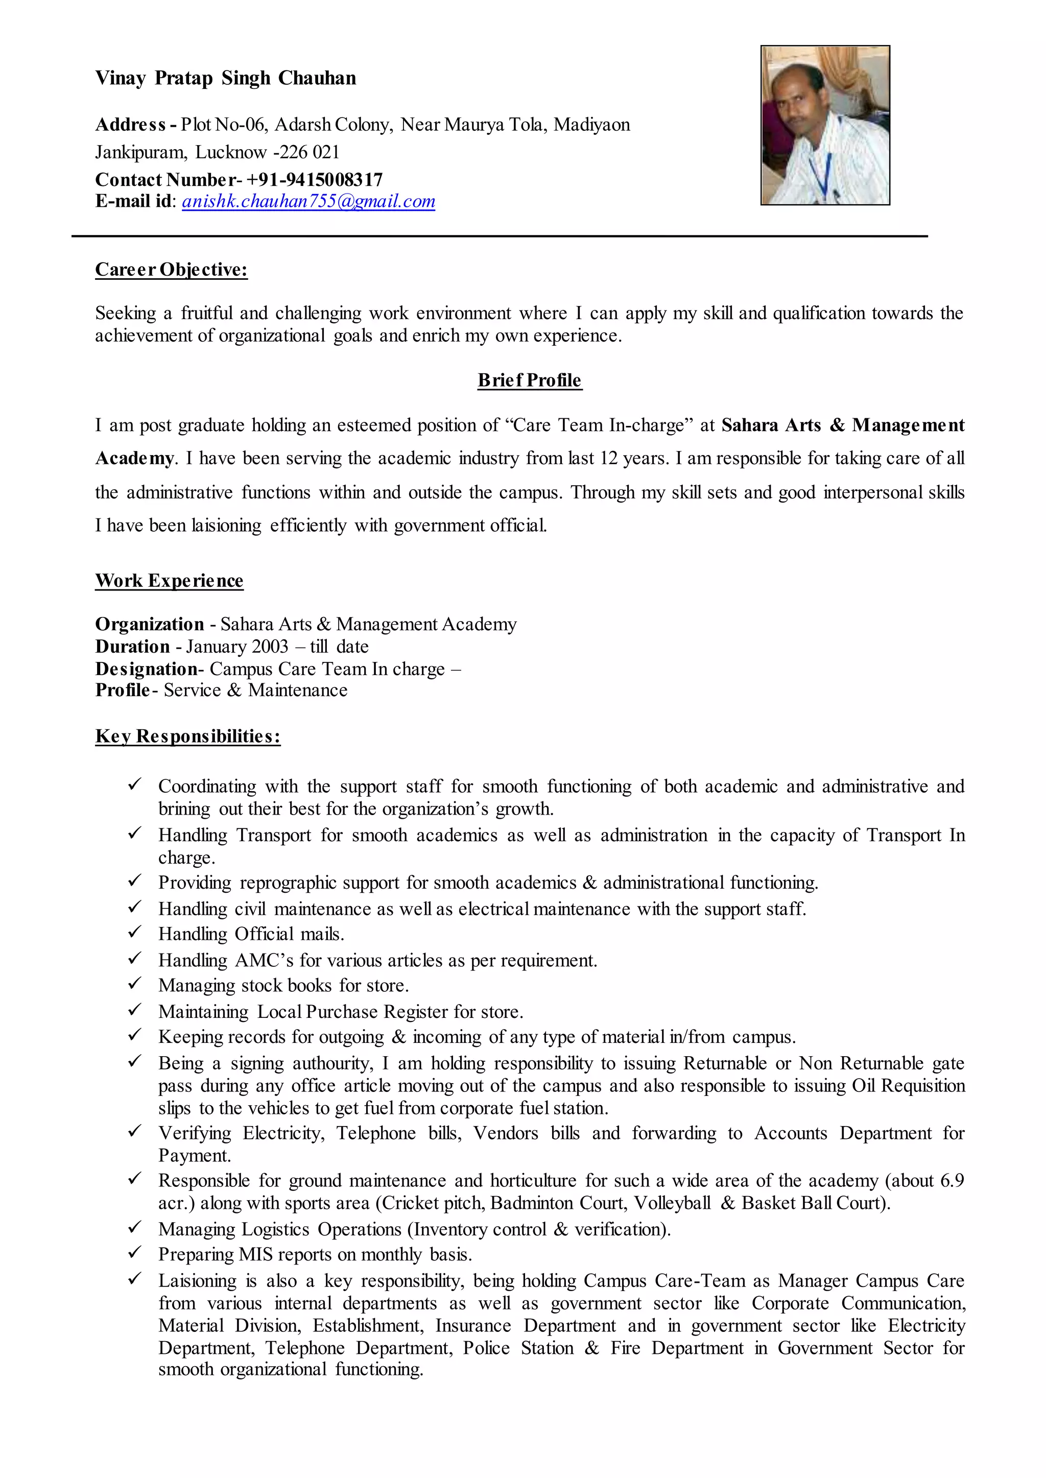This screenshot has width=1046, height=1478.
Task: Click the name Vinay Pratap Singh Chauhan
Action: point(225,78)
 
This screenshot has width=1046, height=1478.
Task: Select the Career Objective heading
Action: point(171,269)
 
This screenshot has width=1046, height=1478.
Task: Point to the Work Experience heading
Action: point(170,580)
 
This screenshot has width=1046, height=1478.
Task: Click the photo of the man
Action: point(825,125)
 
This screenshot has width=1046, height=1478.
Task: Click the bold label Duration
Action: point(133,646)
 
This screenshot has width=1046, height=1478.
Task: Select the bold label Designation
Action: point(146,669)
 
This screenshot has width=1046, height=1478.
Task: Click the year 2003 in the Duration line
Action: point(270,646)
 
